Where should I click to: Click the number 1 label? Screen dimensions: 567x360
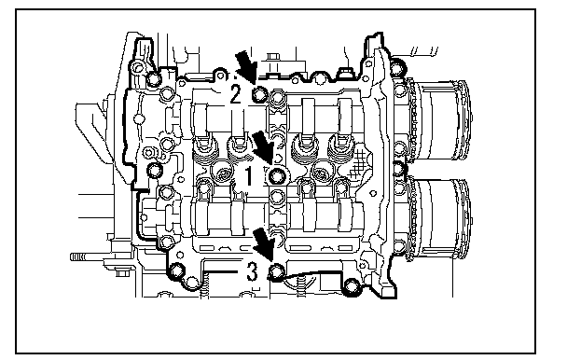click(x=248, y=176)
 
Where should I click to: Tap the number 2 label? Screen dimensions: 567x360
click(x=235, y=94)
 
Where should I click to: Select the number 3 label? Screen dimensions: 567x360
click(x=252, y=272)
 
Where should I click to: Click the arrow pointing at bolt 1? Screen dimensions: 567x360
click(x=264, y=147)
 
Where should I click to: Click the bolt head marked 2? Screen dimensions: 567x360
click(x=259, y=95)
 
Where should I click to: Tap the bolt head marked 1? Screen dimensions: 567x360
click(x=277, y=176)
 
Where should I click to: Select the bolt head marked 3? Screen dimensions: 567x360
click(x=277, y=271)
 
